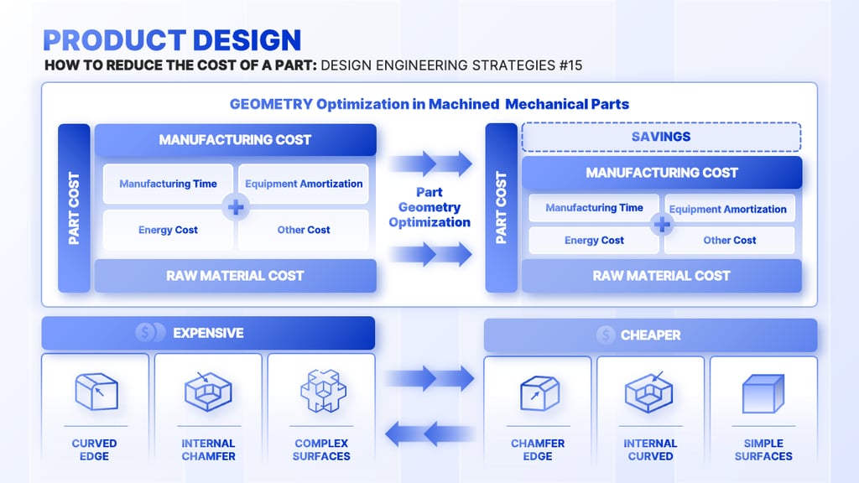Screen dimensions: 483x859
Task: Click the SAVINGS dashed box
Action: pos(661,137)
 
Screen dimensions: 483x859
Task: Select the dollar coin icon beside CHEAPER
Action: pos(606,335)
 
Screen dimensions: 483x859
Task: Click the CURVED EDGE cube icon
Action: pos(96,392)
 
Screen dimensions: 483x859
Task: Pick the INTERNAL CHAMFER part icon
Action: pos(207,392)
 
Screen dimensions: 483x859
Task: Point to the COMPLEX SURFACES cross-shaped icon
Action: pos(321,392)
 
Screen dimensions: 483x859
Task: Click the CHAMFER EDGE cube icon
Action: pos(538,392)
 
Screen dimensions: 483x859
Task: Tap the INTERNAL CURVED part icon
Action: pos(649,392)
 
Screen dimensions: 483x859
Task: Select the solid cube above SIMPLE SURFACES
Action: pos(763,392)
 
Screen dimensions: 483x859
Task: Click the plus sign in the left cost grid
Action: pos(236,206)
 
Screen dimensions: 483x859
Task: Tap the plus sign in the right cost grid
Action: pos(663,224)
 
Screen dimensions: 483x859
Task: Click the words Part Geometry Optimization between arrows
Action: pos(429,207)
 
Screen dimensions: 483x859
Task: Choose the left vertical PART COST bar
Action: pos(75,208)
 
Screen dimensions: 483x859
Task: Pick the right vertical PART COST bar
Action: pos(502,208)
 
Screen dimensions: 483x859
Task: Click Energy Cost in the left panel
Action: pos(168,230)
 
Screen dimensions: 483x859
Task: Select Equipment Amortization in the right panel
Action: pos(728,209)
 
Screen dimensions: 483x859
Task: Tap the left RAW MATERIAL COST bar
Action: pos(235,275)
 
